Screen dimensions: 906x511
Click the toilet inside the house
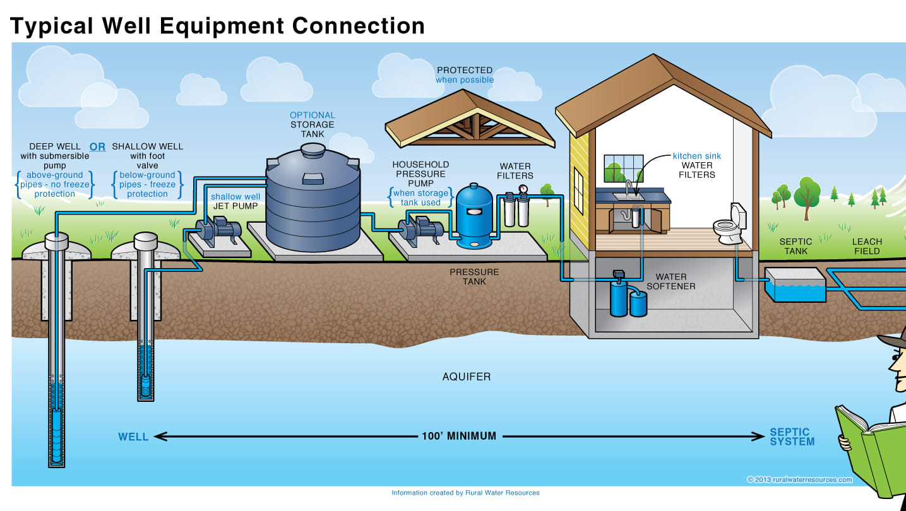coord(729,225)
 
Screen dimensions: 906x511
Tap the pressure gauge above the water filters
coord(523,189)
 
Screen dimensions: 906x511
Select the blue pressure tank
coord(474,216)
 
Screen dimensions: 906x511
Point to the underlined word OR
coord(97,147)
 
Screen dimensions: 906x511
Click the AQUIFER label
coord(467,377)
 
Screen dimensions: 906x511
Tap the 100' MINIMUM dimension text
coord(459,436)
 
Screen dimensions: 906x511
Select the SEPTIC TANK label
coord(796,246)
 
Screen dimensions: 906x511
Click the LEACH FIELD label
coord(867,246)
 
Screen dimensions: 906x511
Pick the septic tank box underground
coord(795,285)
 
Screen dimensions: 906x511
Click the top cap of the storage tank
coord(313,150)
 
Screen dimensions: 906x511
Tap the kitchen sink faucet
coord(628,187)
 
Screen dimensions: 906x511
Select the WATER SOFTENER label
coord(671,281)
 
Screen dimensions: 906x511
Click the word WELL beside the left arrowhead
coord(133,437)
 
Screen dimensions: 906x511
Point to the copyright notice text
coord(800,480)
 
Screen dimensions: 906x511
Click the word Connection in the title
coord(359,26)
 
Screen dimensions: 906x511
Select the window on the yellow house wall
coord(578,191)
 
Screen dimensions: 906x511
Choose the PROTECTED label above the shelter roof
coord(465,71)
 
